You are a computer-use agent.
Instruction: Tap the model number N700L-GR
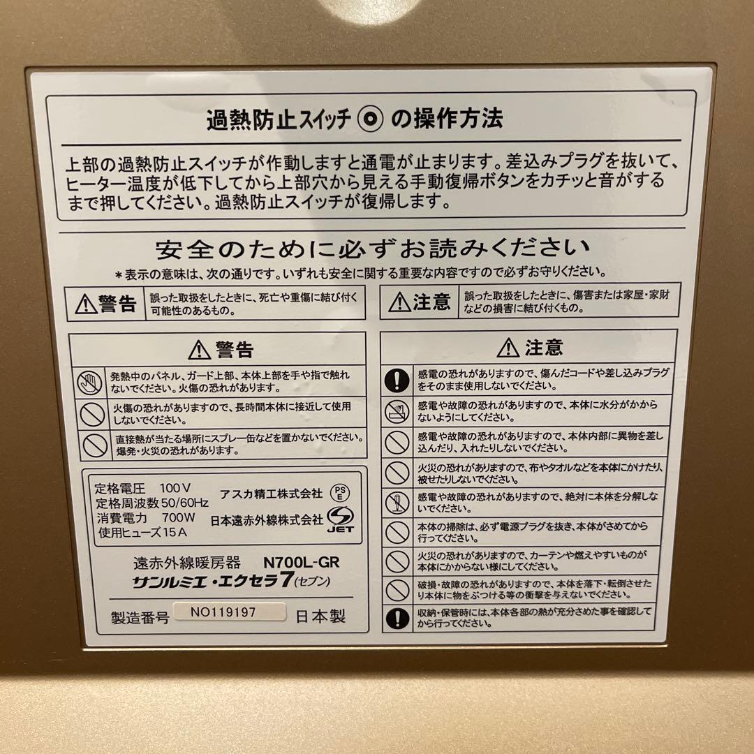[301, 561]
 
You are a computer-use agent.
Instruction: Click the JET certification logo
[341, 519]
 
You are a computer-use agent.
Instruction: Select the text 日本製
[320, 616]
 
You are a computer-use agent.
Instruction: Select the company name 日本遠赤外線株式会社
[267, 519]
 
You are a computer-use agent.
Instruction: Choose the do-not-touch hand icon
[90, 381]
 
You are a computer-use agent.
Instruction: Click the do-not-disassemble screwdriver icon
[397, 502]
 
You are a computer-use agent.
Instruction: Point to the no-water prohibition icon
[397, 412]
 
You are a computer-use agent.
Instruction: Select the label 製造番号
[140, 618]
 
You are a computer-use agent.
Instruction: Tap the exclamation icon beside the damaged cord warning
[397, 380]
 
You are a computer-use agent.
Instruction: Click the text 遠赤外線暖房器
[186, 562]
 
